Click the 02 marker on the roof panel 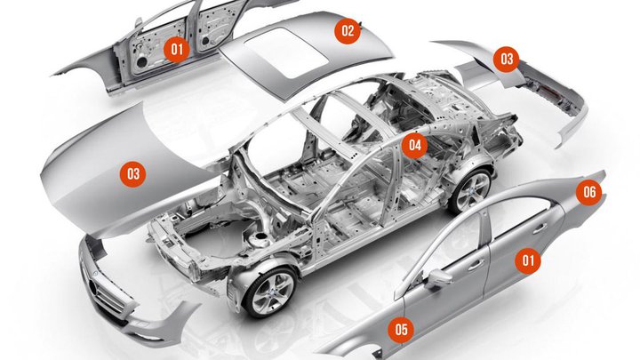348,30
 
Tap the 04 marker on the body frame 414,145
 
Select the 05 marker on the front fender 401,329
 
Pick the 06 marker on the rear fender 589,192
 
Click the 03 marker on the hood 133,174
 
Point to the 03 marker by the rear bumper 506,59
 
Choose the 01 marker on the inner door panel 176,50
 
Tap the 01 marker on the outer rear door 528,260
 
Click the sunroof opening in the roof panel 288,52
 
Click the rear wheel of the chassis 471,190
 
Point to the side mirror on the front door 437,278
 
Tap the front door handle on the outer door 476,265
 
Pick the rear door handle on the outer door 540,228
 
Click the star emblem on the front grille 93,287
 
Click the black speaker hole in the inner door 141,62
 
